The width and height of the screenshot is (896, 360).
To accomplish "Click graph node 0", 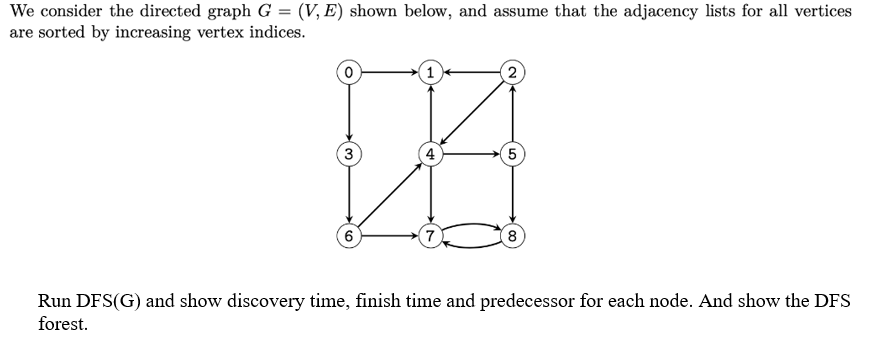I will [x=348, y=72].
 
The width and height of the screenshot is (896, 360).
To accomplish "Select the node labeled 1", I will [x=430, y=72].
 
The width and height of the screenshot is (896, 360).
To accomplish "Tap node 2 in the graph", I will [x=512, y=72].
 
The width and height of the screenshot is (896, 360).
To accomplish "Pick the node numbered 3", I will [x=348, y=154].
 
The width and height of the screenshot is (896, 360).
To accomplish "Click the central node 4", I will [x=430, y=154].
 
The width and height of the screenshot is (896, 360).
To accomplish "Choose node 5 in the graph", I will [x=512, y=154].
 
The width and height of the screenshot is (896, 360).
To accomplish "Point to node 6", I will [x=348, y=237].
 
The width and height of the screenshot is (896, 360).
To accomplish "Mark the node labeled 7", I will [x=430, y=237].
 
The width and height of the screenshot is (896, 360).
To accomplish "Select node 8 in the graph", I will [x=512, y=237].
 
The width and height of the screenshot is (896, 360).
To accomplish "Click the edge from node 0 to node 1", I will [x=389, y=72].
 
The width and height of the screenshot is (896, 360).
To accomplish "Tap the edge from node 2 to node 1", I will [x=471, y=72].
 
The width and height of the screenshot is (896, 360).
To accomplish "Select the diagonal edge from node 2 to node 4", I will [x=471, y=113].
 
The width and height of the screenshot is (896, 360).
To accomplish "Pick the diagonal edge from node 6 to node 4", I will [x=389, y=196].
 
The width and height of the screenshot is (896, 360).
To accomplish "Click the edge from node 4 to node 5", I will [x=471, y=154].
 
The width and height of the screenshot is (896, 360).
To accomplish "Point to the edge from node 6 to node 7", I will [x=389, y=237].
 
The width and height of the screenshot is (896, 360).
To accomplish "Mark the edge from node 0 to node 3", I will [x=348, y=113].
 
